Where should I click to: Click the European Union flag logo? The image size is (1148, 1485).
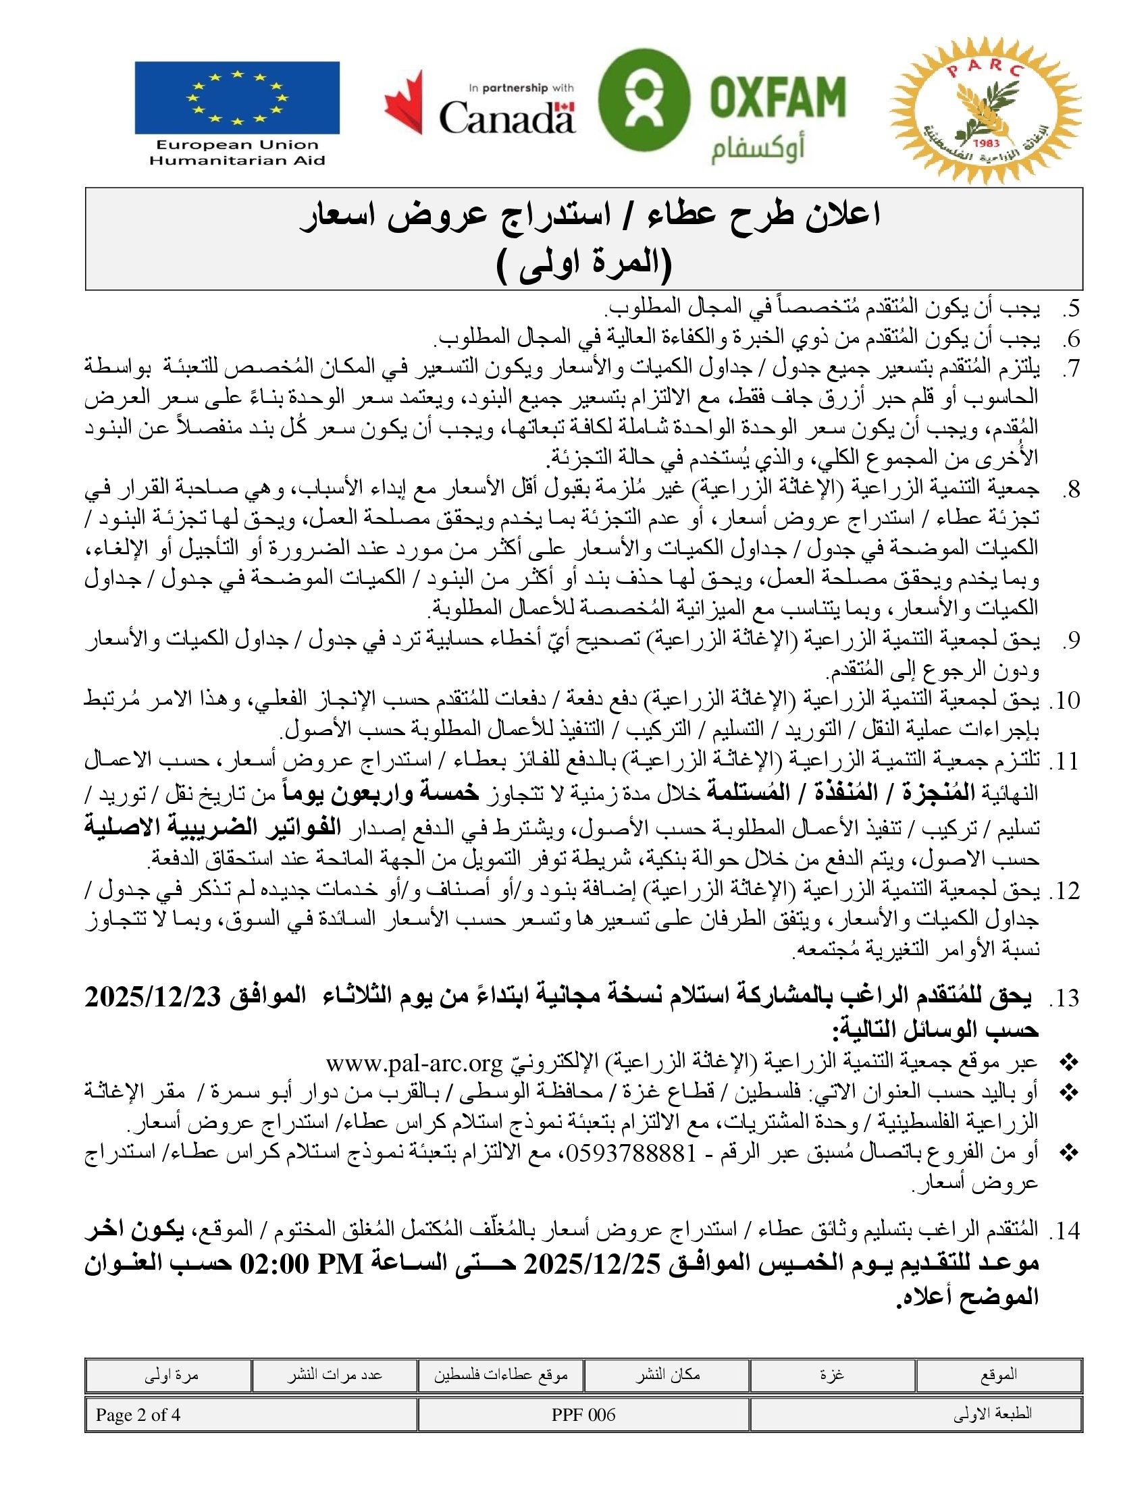tap(236, 98)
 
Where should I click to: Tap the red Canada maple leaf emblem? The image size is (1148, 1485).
tap(404, 102)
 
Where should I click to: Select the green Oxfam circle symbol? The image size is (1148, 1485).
tap(644, 99)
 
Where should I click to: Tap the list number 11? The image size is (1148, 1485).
tap(1065, 762)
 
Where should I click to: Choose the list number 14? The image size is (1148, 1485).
tap(1065, 1231)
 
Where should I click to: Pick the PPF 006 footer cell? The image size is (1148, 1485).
tap(583, 1415)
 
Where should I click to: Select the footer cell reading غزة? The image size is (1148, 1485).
tap(833, 1375)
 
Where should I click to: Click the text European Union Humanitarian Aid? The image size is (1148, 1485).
tap(236, 153)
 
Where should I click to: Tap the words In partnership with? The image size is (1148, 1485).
tap(521, 88)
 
